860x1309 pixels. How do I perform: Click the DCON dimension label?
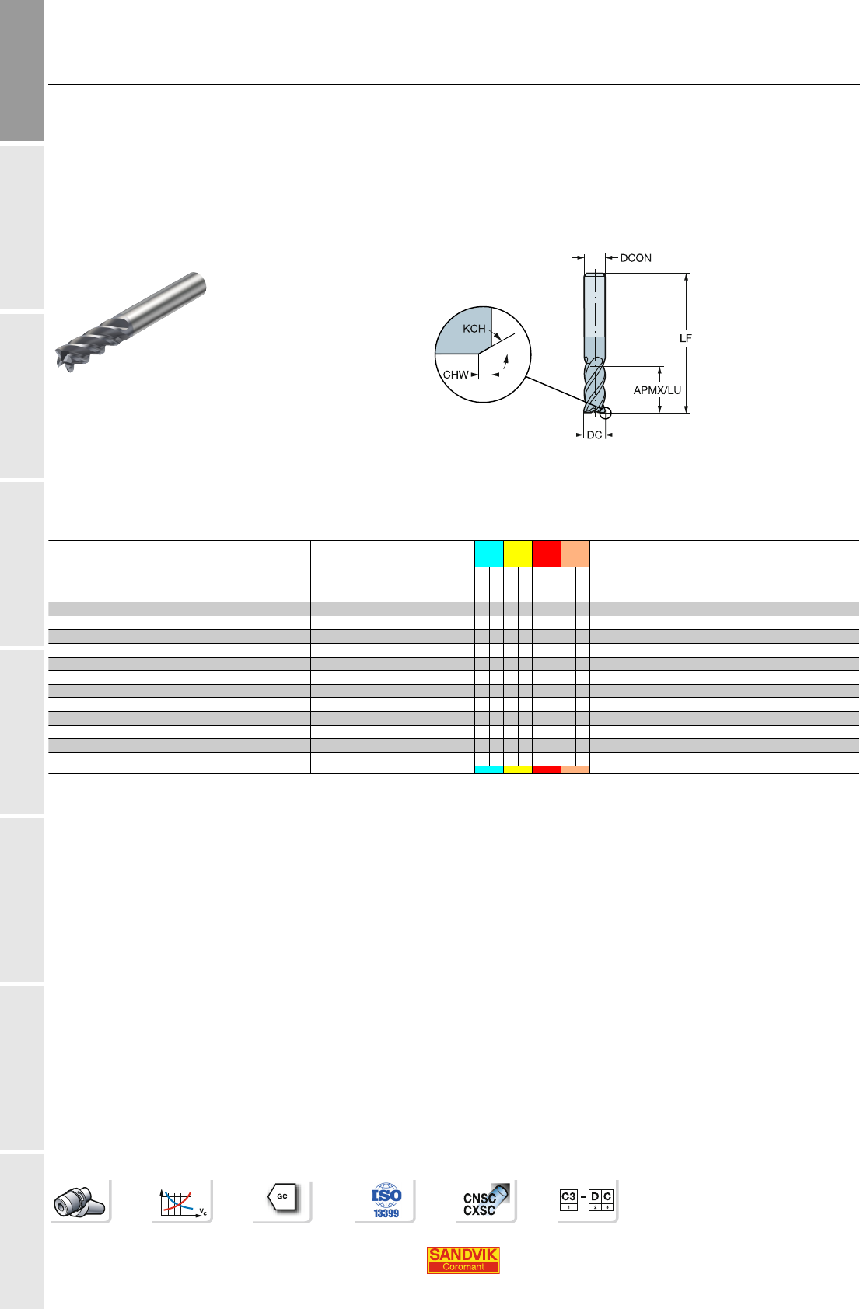pos(635,258)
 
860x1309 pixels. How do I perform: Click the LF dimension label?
pos(685,338)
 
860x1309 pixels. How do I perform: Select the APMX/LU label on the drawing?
pos(657,389)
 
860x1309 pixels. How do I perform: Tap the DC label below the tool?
pos(594,435)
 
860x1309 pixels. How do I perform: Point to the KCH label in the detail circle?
pos(474,329)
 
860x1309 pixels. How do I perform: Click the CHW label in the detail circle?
pos(456,375)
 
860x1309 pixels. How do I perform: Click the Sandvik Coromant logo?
pos(463,1260)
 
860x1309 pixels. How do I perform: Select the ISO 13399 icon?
pos(386,1201)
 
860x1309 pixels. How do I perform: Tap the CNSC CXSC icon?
pos(485,1201)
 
